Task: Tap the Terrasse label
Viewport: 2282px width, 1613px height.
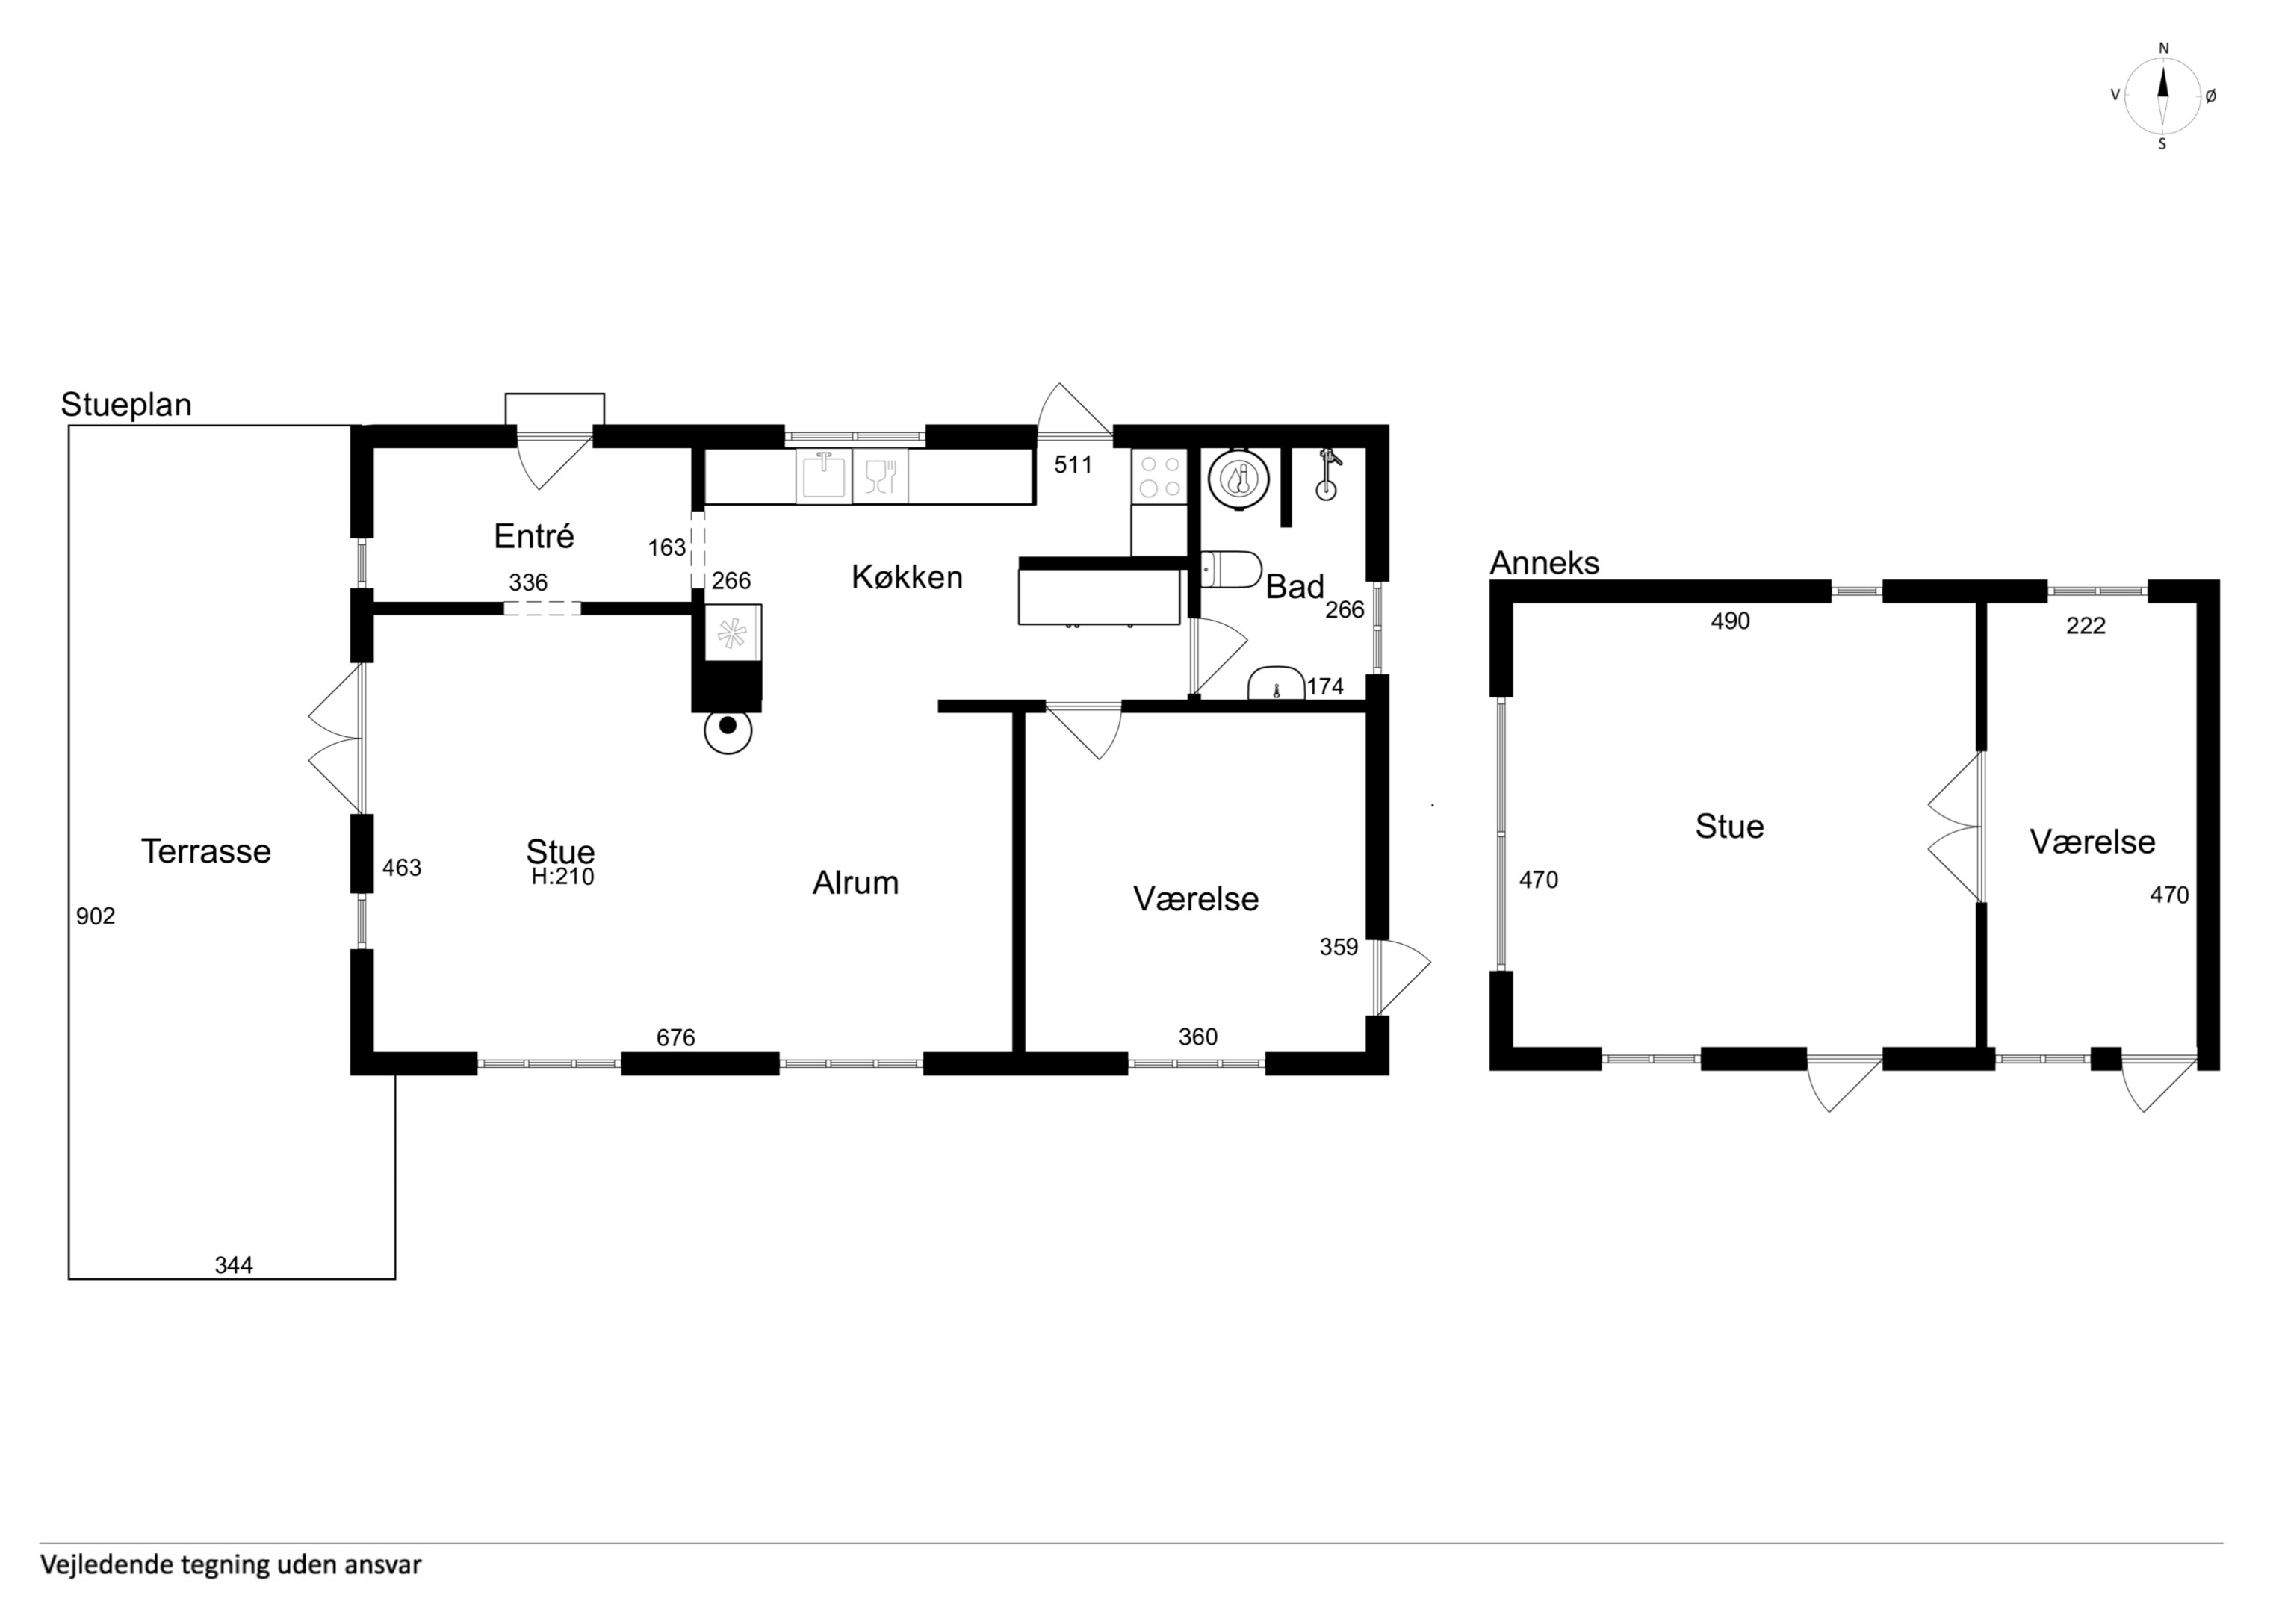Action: click(x=205, y=852)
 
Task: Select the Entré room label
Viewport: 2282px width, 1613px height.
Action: click(x=534, y=537)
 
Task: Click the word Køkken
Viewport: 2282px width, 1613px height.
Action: click(x=906, y=577)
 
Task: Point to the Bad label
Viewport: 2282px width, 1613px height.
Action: click(x=1294, y=588)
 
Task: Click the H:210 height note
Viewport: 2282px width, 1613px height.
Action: click(x=562, y=877)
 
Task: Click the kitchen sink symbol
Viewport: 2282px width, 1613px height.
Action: click(x=823, y=476)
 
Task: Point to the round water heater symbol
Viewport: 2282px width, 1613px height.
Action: click(x=1239, y=480)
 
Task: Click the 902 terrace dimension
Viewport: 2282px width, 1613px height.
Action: click(x=96, y=916)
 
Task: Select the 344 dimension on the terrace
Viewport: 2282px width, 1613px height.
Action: click(x=234, y=1265)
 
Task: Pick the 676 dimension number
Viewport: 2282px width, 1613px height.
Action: click(x=676, y=1037)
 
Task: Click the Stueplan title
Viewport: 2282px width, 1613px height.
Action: click(x=126, y=405)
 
